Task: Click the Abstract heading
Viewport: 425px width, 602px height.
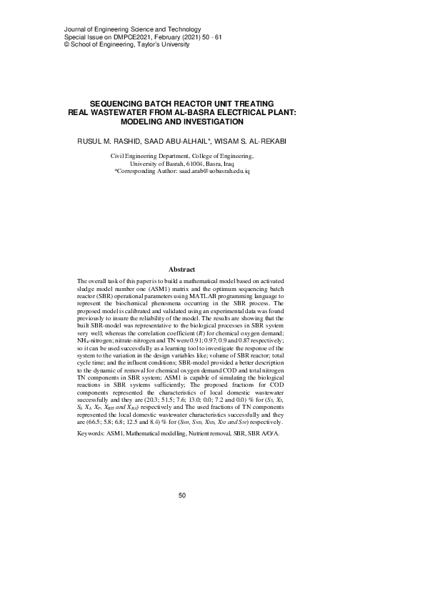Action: (181, 269)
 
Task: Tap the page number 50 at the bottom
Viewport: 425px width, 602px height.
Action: (181, 495)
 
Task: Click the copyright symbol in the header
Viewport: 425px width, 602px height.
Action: (67, 44)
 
